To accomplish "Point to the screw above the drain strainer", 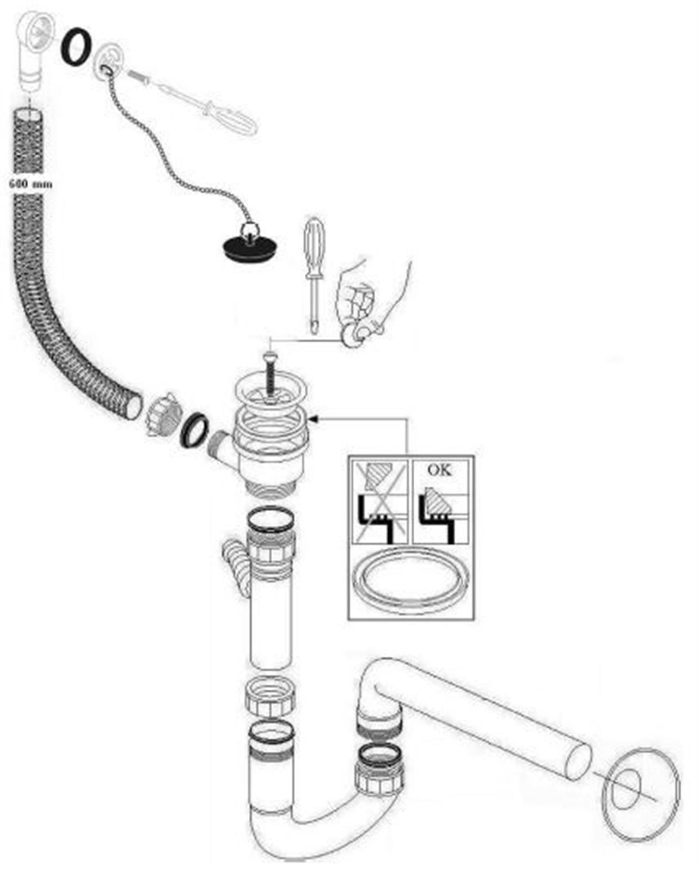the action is [269, 376].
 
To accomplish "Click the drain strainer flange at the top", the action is [268, 392].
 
